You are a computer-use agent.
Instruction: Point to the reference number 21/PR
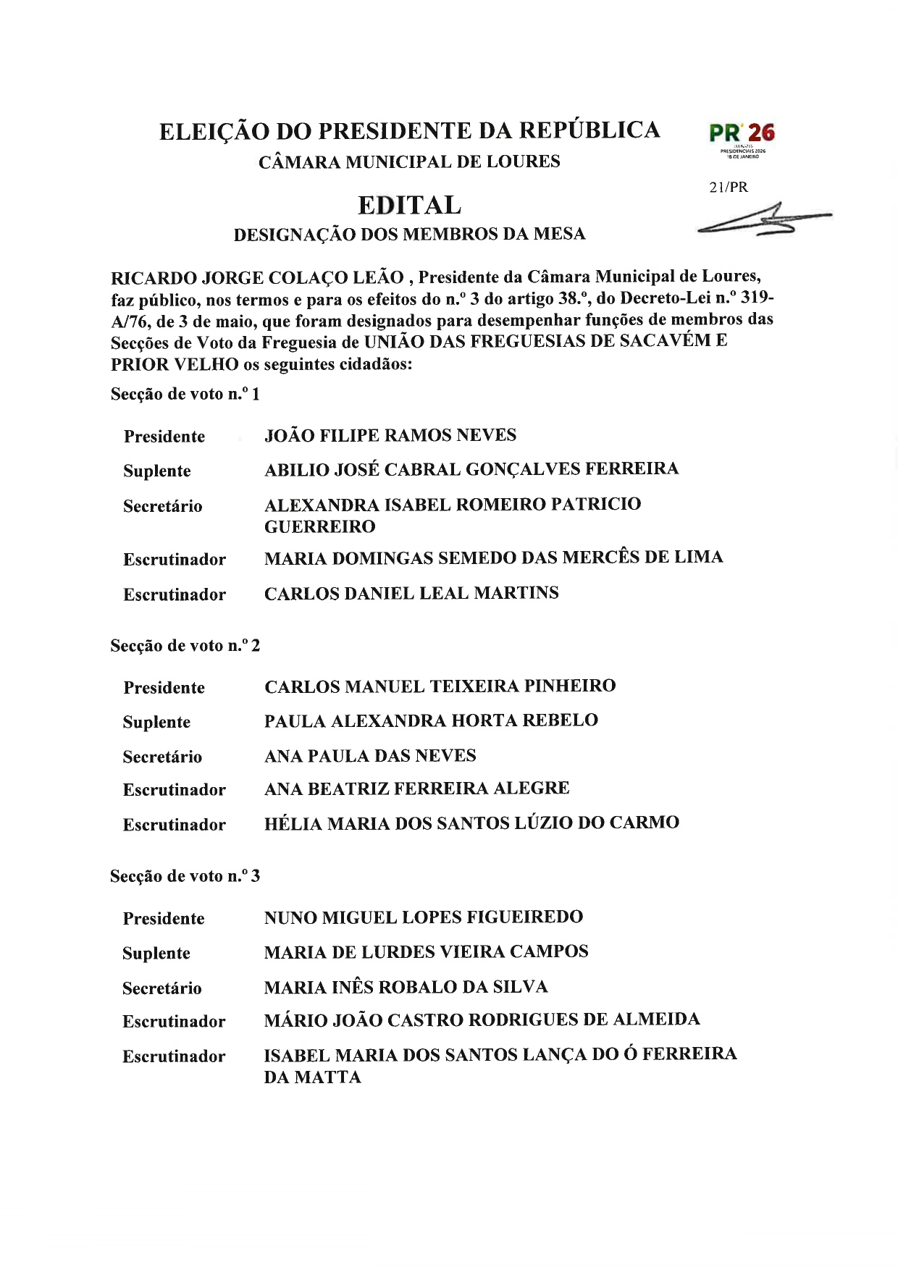coord(729,188)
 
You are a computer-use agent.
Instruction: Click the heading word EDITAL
coord(409,206)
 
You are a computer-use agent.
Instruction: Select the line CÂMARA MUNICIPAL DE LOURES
coord(409,161)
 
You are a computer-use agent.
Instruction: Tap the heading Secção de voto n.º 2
coord(185,646)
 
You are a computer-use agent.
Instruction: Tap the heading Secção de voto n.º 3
coord(185,876)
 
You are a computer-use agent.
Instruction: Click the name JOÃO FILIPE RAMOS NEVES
coord(390,436)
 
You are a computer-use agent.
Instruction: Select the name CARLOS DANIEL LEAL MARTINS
coord(411,594)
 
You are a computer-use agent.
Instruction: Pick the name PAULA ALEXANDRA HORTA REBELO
coord(431,721)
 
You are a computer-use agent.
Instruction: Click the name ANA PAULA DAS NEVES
coord(370,756)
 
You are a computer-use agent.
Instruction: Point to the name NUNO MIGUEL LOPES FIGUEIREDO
coord(423,918)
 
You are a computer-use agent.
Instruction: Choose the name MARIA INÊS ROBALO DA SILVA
coord(406,988)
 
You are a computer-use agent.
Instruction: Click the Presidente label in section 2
coord(164,688)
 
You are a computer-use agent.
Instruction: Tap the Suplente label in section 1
coord(156,471)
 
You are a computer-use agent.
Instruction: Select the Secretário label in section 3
coord(161,988)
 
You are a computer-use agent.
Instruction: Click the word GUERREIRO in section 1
coord(319,527)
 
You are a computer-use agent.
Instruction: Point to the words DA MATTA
coord(312,1077)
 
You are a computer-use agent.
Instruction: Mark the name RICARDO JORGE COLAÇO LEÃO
coord(257,278)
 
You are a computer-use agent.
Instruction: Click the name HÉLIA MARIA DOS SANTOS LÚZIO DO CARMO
coord(471,823)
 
